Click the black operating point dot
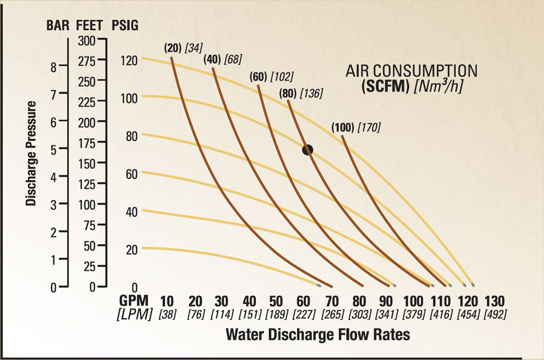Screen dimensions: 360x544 [x=308, y=150]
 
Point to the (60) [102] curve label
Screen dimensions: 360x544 [x=273, y=76]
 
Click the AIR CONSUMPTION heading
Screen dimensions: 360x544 [x=411, y=71]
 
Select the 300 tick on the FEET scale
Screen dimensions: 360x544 [x=86, y=40]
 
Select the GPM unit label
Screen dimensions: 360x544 [x=135, y=301]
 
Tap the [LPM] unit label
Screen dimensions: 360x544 [x=134, y=314]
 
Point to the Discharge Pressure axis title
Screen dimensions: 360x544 [x=32, y=153]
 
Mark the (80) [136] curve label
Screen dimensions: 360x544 [x=301, y=93]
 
